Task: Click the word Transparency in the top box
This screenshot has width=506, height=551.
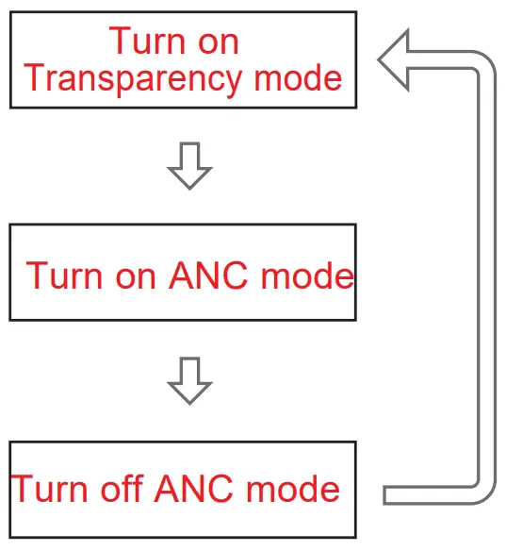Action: [122, 77]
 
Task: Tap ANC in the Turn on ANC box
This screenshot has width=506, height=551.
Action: [209, 275]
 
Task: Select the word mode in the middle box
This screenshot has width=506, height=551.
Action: [307, 275]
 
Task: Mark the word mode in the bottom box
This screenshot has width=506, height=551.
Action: [293, 489]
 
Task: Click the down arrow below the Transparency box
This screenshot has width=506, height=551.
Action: [189, 166]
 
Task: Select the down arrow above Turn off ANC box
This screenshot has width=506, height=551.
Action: [189, 380]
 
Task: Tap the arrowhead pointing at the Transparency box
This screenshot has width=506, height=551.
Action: [395, 59]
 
